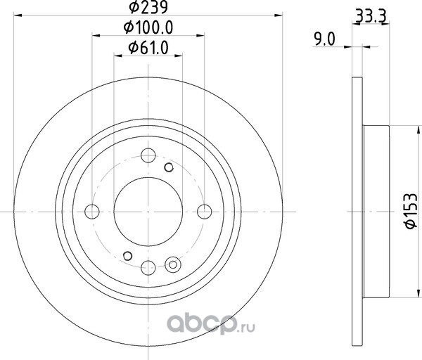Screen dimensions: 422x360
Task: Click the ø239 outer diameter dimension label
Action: (x=148, y=7)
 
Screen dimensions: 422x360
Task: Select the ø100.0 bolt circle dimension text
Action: (x=148, y=27)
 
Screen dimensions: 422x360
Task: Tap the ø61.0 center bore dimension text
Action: (x=148, y=48)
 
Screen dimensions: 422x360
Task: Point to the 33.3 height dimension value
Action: (x=371, y=16)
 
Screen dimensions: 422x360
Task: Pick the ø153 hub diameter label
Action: (x=411, y=211)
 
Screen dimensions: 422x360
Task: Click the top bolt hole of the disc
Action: (x=148, y=155)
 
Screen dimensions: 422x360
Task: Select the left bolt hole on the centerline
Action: (x=92, y=212)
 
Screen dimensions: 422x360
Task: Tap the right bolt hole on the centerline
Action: (x=204, y=212)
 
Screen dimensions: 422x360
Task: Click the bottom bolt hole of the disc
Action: (x=148, y=268)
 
